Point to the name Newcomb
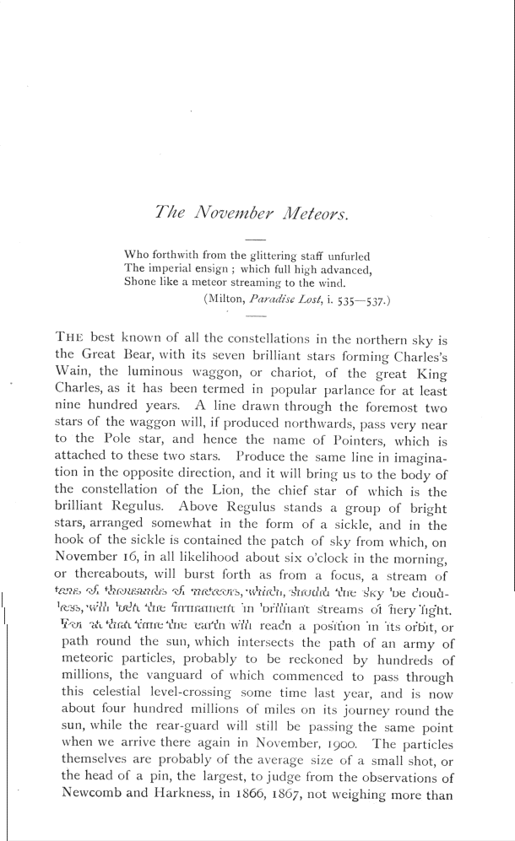coord(91,799)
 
